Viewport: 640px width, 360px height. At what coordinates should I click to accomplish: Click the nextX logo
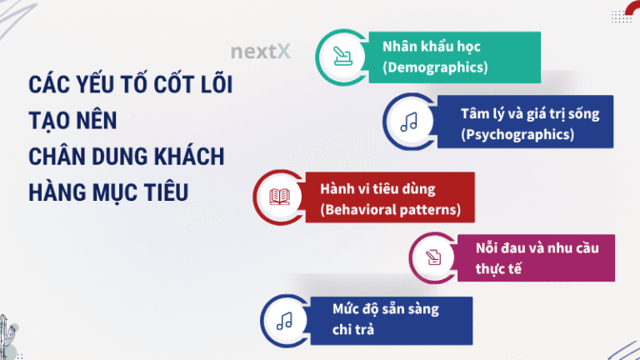[x=261, y=52]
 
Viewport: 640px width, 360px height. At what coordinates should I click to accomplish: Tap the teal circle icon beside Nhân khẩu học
[x=341, y=56]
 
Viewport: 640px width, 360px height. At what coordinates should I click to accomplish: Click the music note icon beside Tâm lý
[x=408, y=122]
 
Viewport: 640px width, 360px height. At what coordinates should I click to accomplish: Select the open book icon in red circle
[x=278, y=197]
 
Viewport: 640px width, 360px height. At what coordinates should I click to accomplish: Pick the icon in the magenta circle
[x=435, y=257]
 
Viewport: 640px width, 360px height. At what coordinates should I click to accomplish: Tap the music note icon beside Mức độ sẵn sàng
[x=284, y=320]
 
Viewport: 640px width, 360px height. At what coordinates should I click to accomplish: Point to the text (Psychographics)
[x=517, y=133]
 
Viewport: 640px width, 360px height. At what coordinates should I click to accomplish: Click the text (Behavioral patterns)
[x=390, y=208]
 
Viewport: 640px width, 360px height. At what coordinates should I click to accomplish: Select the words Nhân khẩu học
[x=432, y=46]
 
